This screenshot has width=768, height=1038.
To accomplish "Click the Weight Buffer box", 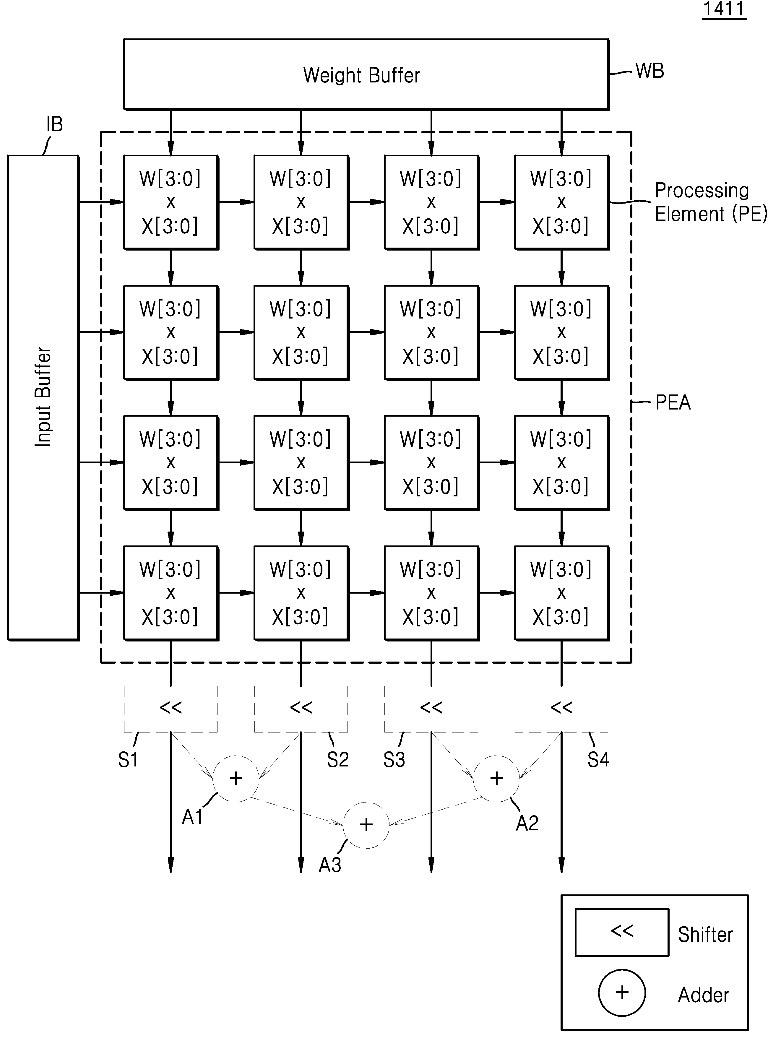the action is [x=366, y=74].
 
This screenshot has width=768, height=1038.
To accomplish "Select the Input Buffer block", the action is [x=43, y=397].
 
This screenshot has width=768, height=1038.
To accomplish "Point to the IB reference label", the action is [x=54, y=124].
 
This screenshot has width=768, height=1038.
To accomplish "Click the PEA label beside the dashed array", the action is [x=673, y=402].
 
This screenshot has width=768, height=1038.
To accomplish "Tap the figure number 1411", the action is [x=724, y=9].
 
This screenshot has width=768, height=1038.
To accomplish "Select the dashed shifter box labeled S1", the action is [x=171, y=709].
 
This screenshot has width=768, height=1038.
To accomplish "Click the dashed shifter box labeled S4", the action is [x=561, y=709].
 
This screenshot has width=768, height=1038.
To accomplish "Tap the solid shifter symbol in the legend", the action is [x=622, y=932].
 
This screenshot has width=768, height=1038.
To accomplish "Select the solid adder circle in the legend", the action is [x=622, y=992].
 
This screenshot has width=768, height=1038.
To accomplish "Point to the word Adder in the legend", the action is [x=703, y=995].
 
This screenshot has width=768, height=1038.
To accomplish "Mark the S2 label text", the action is [x=337, y=760].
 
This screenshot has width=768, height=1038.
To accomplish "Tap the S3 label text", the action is [x=394, y=760].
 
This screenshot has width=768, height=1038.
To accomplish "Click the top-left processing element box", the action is [x=171, y=202].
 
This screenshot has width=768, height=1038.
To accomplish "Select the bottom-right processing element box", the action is [x=561, y=593].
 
